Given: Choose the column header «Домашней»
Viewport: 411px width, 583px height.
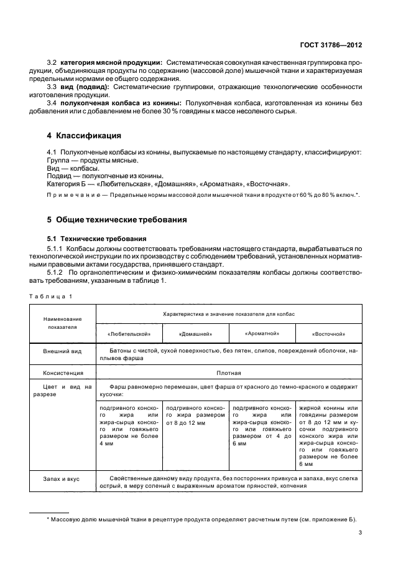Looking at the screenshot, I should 195,334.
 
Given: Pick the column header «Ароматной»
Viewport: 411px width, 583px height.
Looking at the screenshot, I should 262,333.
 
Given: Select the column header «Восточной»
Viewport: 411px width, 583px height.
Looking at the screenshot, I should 328,334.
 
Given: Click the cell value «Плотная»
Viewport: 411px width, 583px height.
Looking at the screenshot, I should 228,373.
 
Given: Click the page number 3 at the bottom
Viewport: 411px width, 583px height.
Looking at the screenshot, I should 361,532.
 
